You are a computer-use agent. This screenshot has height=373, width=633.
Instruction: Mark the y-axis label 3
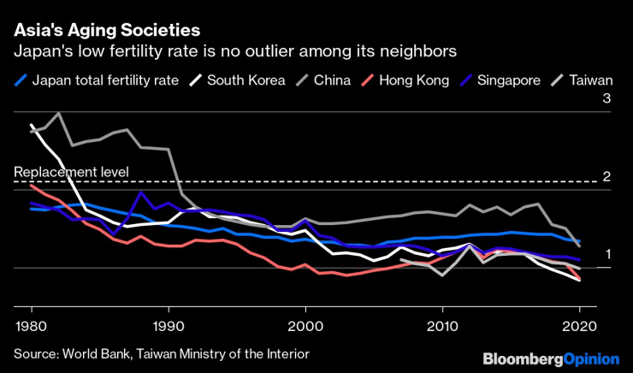(x=606, y=100)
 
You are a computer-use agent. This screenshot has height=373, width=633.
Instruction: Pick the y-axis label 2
(x=606, y=177)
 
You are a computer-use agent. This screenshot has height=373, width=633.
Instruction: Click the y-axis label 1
(x=606, y=254)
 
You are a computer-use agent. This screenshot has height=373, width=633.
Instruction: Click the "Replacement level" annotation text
(x=71, y=172)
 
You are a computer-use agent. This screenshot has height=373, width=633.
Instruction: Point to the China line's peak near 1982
(x=59, y=113)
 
